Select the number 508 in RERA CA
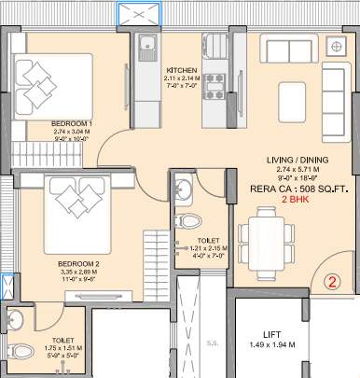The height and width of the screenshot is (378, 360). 294,186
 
